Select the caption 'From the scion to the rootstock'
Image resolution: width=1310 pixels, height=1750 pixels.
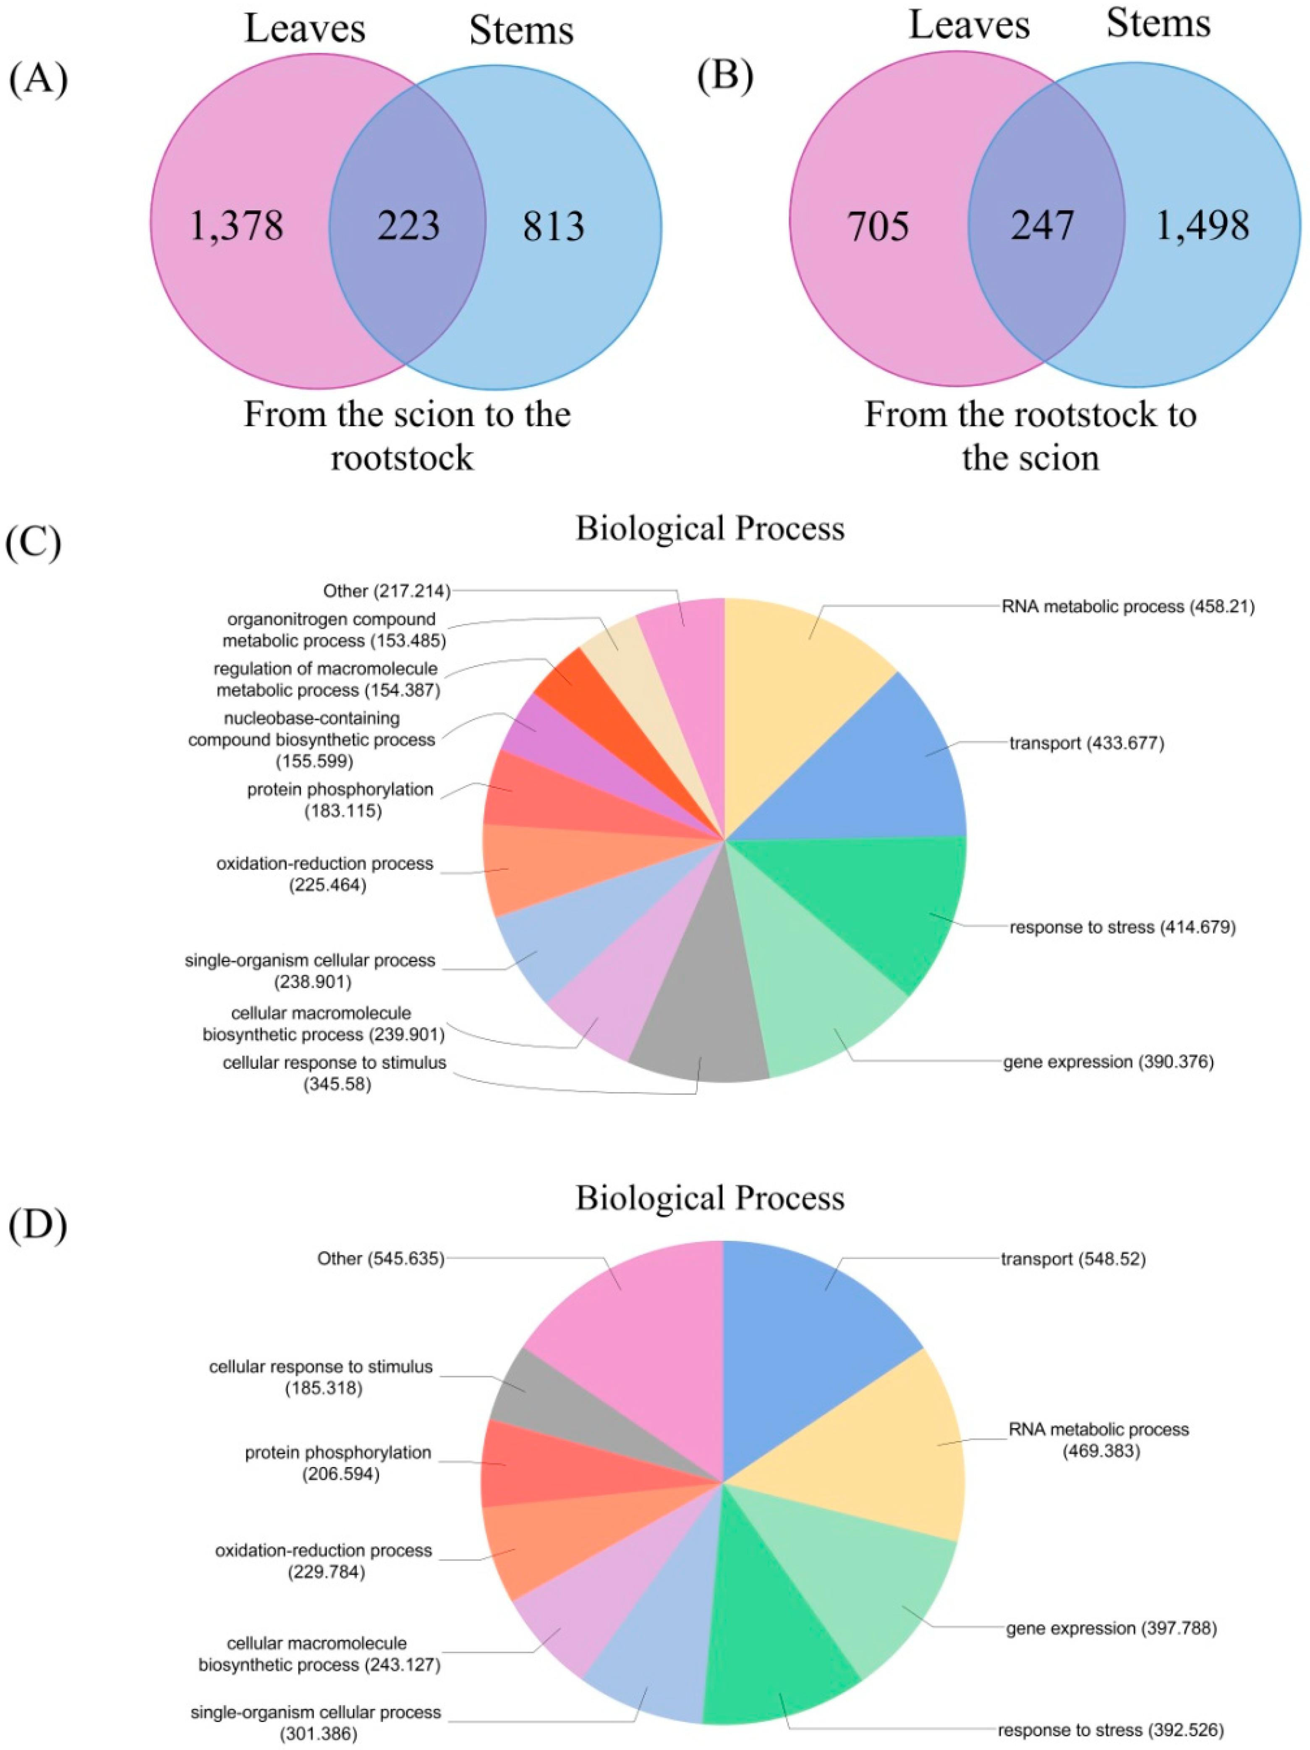[407, 436]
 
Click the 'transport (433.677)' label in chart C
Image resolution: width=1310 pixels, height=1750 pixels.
[1086, 743]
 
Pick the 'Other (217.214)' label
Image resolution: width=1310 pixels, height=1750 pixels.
[386, 590]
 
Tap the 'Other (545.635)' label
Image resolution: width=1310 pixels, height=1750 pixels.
[381, 1258]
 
